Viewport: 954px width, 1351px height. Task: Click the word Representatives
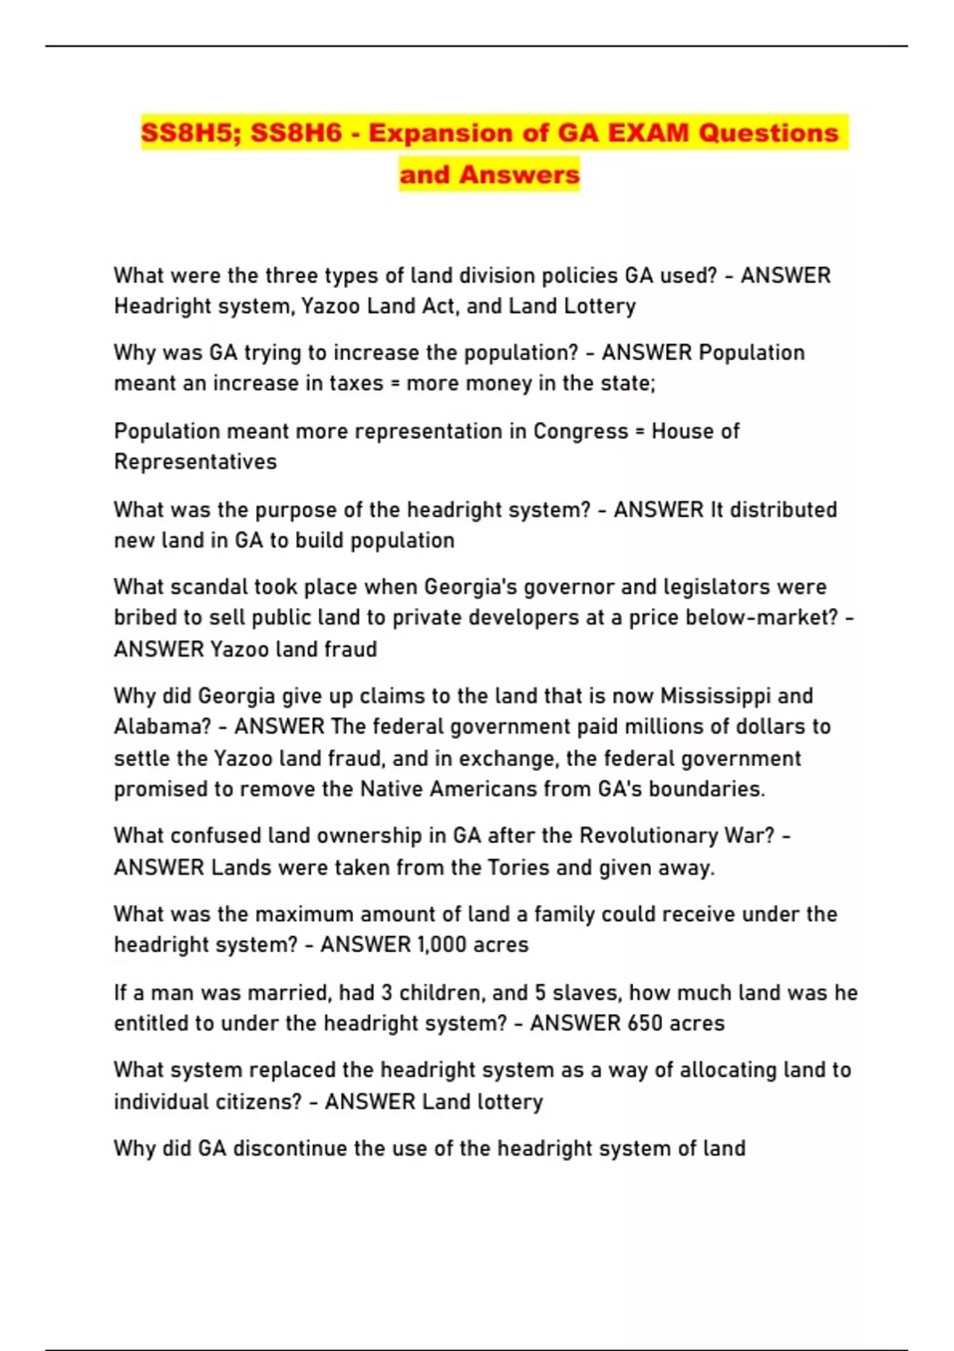click(x=196, y=462)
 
